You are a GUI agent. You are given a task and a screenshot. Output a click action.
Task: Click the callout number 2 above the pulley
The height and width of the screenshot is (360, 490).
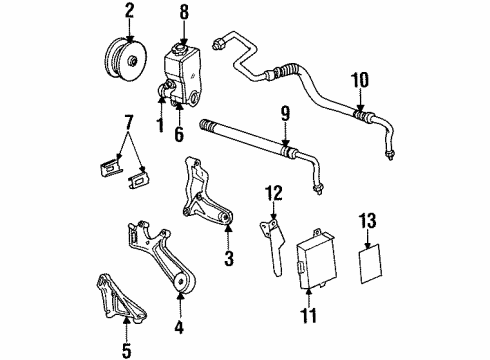(x=128, y=13)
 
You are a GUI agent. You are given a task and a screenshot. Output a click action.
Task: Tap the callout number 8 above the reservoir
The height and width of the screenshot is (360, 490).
(x=183, y=13)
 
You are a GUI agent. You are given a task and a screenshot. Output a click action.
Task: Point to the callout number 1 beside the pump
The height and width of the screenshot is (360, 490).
(x=158, y=126)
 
